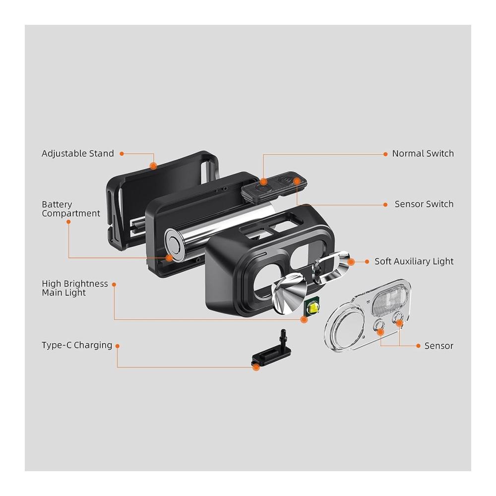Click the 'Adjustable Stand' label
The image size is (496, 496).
point(77,153)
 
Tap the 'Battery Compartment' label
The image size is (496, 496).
point(71,209)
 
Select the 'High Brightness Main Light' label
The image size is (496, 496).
point(75,288)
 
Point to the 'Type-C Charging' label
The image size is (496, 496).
point(77,345)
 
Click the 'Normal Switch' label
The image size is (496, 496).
point(423,153)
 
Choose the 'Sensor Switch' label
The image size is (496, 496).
point(424,204)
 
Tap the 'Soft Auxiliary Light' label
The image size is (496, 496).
point(414,261)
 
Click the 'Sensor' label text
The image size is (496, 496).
point(439,346)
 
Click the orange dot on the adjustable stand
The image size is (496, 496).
point(153,166)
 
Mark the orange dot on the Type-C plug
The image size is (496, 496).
point(256,367)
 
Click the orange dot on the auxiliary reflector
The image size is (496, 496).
point(351,262)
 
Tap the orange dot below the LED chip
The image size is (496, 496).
point(304,319)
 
